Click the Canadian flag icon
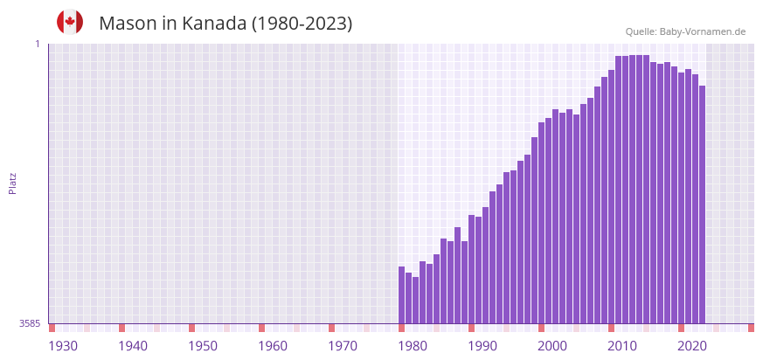click(70, 22)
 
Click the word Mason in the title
click(128, 24)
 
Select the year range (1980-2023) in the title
click(302, 24)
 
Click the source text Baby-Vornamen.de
click(702, 31)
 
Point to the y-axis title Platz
click(12, 183)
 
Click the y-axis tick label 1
click(38, 44)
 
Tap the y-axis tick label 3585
click(30, 323)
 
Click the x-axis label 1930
click(63, 346)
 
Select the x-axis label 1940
click(133, 346)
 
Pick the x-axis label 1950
click(203, 346)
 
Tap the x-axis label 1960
click(273, 346)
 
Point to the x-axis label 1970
click(343, 346)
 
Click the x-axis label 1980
click(413, 346)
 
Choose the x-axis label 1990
click(482, 346)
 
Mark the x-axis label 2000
click(552, 346)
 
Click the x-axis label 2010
click(622, 346)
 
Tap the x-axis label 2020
click(692, 346)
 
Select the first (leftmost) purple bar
click(401, 295)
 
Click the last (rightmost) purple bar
click(702, 204)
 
